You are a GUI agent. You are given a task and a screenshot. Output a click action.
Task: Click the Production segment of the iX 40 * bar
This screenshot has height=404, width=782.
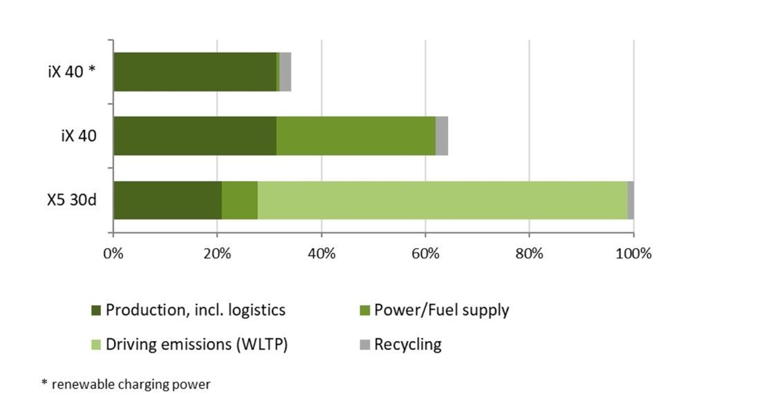[x=194, y=72]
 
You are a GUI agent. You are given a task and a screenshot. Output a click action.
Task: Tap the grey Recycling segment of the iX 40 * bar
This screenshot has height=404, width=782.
[x=285, y=72]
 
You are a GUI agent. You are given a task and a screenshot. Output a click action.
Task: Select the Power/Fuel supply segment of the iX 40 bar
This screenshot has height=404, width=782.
[x=355, y=136]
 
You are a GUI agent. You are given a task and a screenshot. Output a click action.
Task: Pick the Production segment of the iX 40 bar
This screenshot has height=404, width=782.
[x=194, y=136]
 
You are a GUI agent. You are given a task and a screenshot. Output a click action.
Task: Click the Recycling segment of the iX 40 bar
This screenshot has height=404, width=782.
[x=441, y=136]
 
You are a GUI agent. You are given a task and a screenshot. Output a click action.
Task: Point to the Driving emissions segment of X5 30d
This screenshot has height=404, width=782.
[x=442, y=200]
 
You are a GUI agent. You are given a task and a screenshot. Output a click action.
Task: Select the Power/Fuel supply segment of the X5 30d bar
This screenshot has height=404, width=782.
[x=239, y=200]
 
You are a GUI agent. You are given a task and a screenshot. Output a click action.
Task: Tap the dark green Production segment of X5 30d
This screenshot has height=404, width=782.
[x=167, y=200]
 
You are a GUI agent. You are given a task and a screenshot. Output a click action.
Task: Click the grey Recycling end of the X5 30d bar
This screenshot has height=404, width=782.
[x=630, y=200]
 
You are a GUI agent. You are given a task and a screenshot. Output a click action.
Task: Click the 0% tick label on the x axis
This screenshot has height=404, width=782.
[x=113, y=253]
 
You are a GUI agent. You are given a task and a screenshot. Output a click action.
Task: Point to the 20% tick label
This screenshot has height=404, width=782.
[x=217, y=253]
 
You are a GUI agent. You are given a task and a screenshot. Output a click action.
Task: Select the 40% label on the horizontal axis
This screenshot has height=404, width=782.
[x=322, y=253]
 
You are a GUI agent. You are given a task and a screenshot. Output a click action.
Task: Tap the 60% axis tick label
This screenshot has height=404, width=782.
[x=425, y=253]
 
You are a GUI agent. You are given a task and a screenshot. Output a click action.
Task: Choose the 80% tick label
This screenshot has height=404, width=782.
[x=529, y=253]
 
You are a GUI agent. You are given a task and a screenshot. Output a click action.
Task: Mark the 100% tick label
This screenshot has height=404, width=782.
[x=633, y=253]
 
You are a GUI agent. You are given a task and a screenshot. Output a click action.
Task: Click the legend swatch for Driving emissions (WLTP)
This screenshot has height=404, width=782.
[x=96, y=345]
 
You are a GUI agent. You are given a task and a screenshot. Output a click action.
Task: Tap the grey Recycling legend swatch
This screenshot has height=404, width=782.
[x=364, y=345]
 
